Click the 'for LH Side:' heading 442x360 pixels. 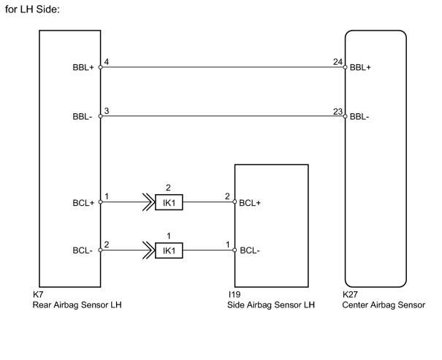(32, 9)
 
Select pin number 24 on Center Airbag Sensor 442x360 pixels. (338, 61)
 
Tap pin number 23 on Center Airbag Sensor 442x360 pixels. (338, 112)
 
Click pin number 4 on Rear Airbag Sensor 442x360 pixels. (106, 61)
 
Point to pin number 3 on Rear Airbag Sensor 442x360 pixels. (106, 111)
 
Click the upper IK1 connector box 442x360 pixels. (169, 202)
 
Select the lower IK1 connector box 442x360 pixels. (169, 250)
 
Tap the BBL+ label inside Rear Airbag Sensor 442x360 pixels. (83, 68)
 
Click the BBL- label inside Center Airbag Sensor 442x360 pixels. (359, 117)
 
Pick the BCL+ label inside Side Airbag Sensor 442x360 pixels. (250, 203)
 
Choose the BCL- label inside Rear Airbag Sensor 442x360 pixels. (83, 250)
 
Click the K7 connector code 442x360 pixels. (38, 294)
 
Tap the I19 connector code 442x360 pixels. (235, 294)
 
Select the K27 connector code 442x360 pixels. (350, 294)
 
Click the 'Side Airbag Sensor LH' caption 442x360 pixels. (271, 305)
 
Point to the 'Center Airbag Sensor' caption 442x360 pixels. (384, 305)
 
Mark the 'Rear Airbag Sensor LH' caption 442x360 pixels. (77, 305)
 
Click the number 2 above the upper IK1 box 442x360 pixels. (168, 188)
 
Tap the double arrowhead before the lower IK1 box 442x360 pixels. (148, 250)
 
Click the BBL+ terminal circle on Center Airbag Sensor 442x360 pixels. (345, 67)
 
